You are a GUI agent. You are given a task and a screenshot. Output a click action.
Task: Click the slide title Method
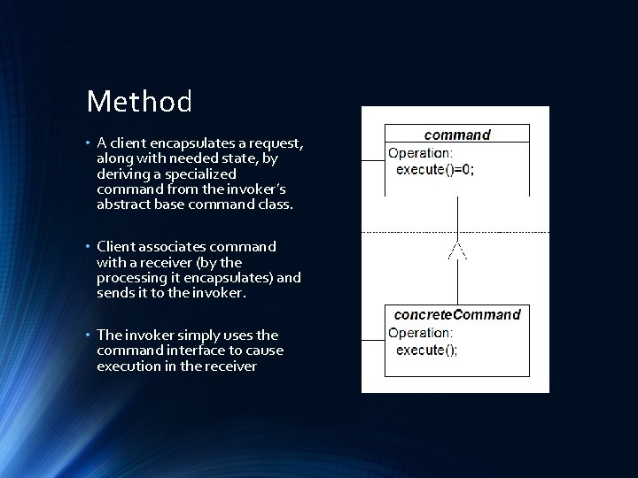139,102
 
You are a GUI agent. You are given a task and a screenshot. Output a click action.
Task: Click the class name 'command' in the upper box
457,135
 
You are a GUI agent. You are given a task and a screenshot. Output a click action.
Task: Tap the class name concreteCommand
457,314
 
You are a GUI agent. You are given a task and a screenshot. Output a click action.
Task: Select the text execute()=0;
434,170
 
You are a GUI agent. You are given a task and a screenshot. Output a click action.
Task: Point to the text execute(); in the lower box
427,351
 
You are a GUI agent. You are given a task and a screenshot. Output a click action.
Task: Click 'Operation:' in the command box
420,152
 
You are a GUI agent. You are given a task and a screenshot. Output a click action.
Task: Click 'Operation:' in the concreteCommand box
420,333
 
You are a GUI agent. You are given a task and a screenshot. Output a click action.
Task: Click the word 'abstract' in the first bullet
123,205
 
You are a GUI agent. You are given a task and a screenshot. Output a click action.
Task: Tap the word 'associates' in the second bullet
173,246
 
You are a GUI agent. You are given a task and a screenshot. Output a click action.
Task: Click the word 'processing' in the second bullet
134,278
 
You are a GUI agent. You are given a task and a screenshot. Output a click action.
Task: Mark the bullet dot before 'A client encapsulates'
89,143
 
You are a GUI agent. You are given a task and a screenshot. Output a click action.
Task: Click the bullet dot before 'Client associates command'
89,247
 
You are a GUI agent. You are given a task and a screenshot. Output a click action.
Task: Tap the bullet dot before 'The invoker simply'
89,335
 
